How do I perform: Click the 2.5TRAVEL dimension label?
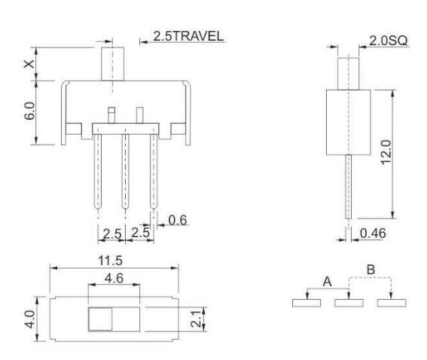coord(188,36)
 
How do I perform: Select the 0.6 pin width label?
coord(178,221)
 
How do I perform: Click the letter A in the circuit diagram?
coord(326,280)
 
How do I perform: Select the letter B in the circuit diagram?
coord(369,268)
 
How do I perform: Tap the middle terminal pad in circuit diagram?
coord(349,303)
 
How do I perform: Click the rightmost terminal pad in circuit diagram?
coord(392,303)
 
